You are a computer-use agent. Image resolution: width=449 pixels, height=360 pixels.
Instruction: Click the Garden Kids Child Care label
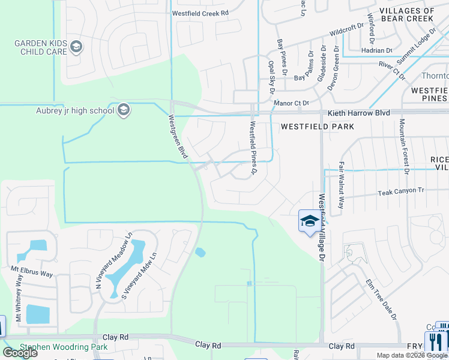tap(41, 47)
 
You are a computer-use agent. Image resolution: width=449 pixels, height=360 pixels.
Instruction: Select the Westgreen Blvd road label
tap(178, 137)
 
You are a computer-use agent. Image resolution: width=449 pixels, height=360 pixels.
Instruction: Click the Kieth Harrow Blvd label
tap(358, 113)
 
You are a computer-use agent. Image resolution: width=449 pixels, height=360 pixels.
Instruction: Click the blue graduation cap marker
tap(309, 221)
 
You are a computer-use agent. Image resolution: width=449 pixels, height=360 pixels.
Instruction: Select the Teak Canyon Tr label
tap(401, 191)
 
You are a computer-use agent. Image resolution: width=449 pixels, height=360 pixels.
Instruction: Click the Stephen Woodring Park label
tap(64, 347)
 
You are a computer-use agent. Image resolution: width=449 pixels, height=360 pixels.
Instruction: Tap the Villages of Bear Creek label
tap(407, 14)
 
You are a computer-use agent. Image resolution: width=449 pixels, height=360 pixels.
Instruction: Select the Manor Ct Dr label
tap(291, 103)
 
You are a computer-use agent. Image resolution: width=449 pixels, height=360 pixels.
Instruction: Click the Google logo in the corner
tap(20, 353)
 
